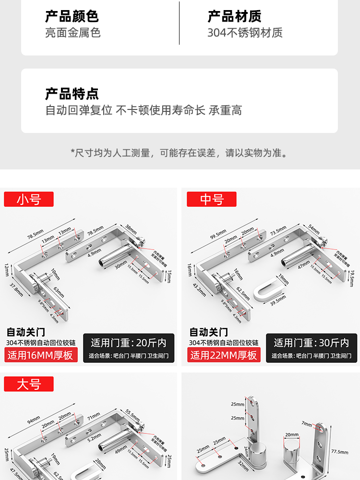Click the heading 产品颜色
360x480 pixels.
72,16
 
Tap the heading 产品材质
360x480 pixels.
234,16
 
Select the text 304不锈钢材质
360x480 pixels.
245,33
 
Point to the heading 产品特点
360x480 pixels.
72,93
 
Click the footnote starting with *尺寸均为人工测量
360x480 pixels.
180,153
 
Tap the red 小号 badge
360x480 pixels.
29,199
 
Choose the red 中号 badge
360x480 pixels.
212,199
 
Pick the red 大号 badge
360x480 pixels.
29,384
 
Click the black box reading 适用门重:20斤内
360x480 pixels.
129,343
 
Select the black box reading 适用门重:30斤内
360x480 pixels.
312,343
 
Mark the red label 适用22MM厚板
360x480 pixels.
225,355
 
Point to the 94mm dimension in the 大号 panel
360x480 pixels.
33,421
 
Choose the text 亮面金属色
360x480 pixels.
72,33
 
